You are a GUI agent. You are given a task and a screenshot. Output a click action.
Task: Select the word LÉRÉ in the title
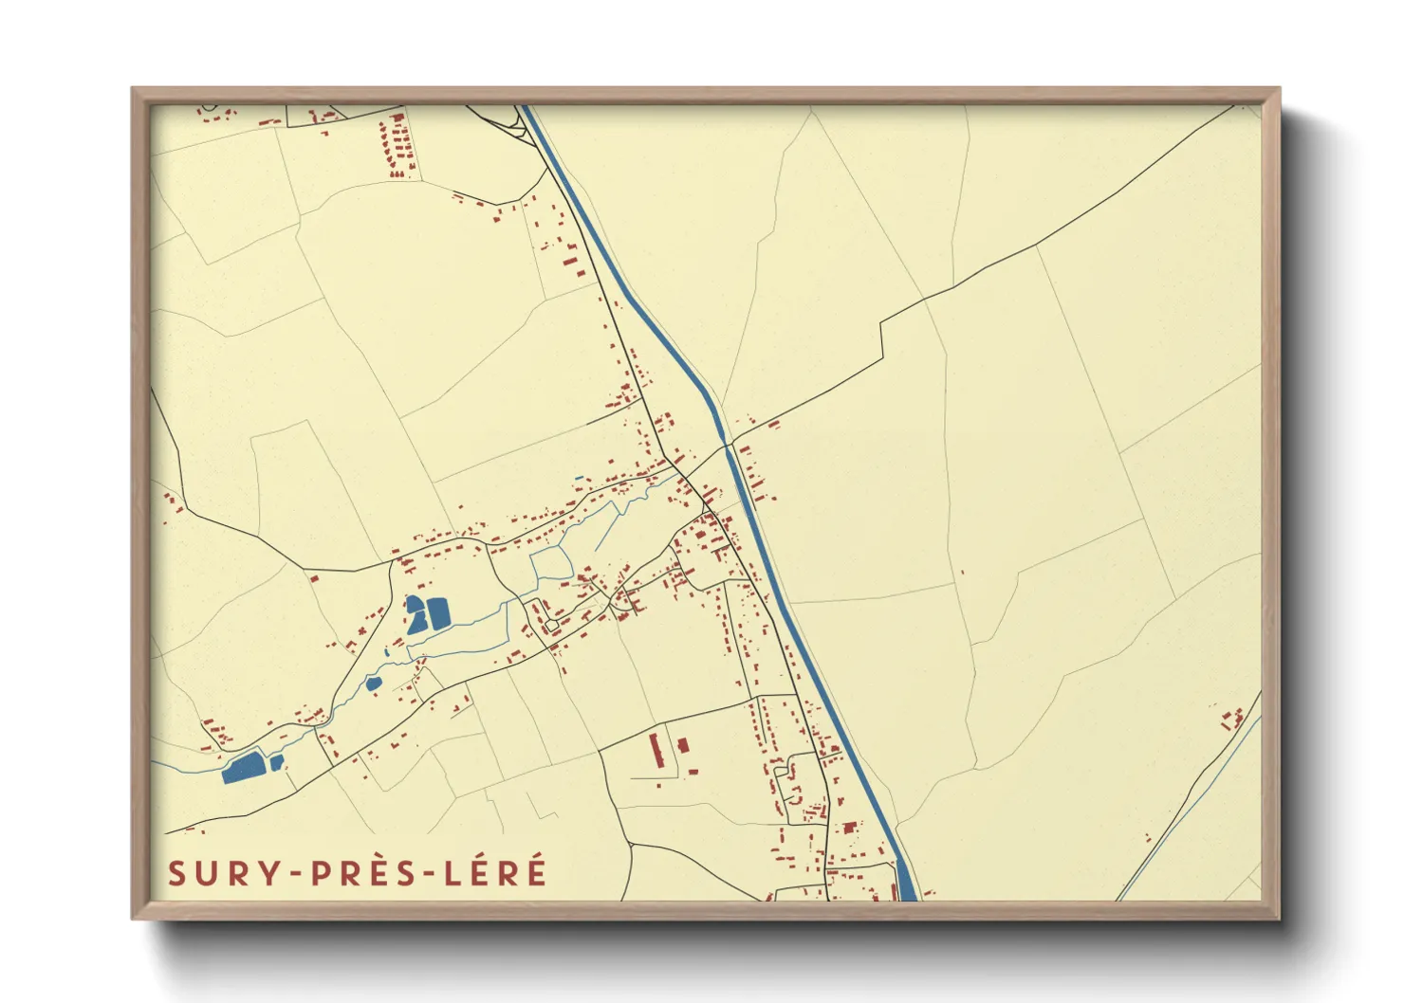click(x=496, y=873)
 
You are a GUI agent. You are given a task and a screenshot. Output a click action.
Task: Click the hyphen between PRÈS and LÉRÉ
click(x=435, y=874)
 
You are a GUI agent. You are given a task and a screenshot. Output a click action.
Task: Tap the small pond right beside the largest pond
click(x=276, y=762)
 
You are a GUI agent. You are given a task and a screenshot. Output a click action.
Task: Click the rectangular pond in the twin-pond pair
click(x=437, y=613)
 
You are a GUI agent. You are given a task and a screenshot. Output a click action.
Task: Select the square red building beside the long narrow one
click(x=682, y=745)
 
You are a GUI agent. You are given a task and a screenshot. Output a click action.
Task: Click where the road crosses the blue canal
click(x=729, y=445)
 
